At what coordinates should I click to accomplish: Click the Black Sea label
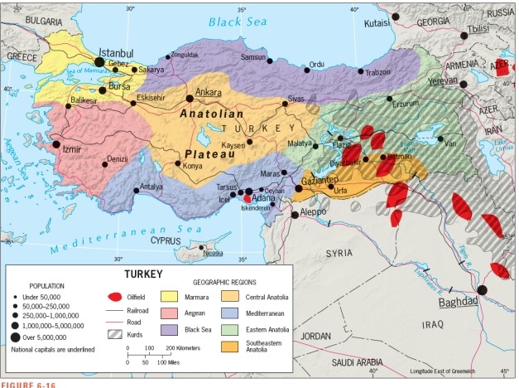[235, 21]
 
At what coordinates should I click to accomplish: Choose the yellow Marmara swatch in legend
[178, 295]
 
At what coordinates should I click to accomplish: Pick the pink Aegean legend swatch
[178, 313]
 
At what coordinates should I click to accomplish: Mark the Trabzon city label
[378, 72]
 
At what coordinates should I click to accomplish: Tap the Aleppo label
[312, 212]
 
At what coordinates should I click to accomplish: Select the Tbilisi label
[478, 29]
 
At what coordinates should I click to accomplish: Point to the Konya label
[192, 166]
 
